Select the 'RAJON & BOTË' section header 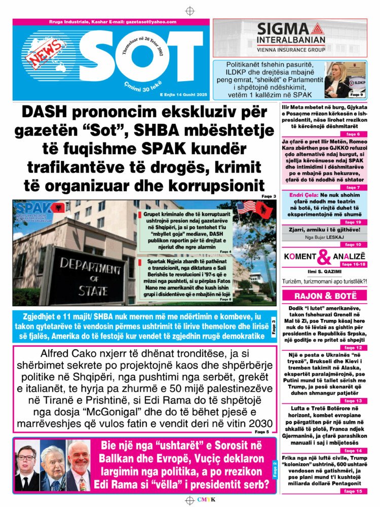[324, 296]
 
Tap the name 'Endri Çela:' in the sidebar [304, 195]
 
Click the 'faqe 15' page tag [353, 491]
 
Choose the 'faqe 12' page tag [353, 348]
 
